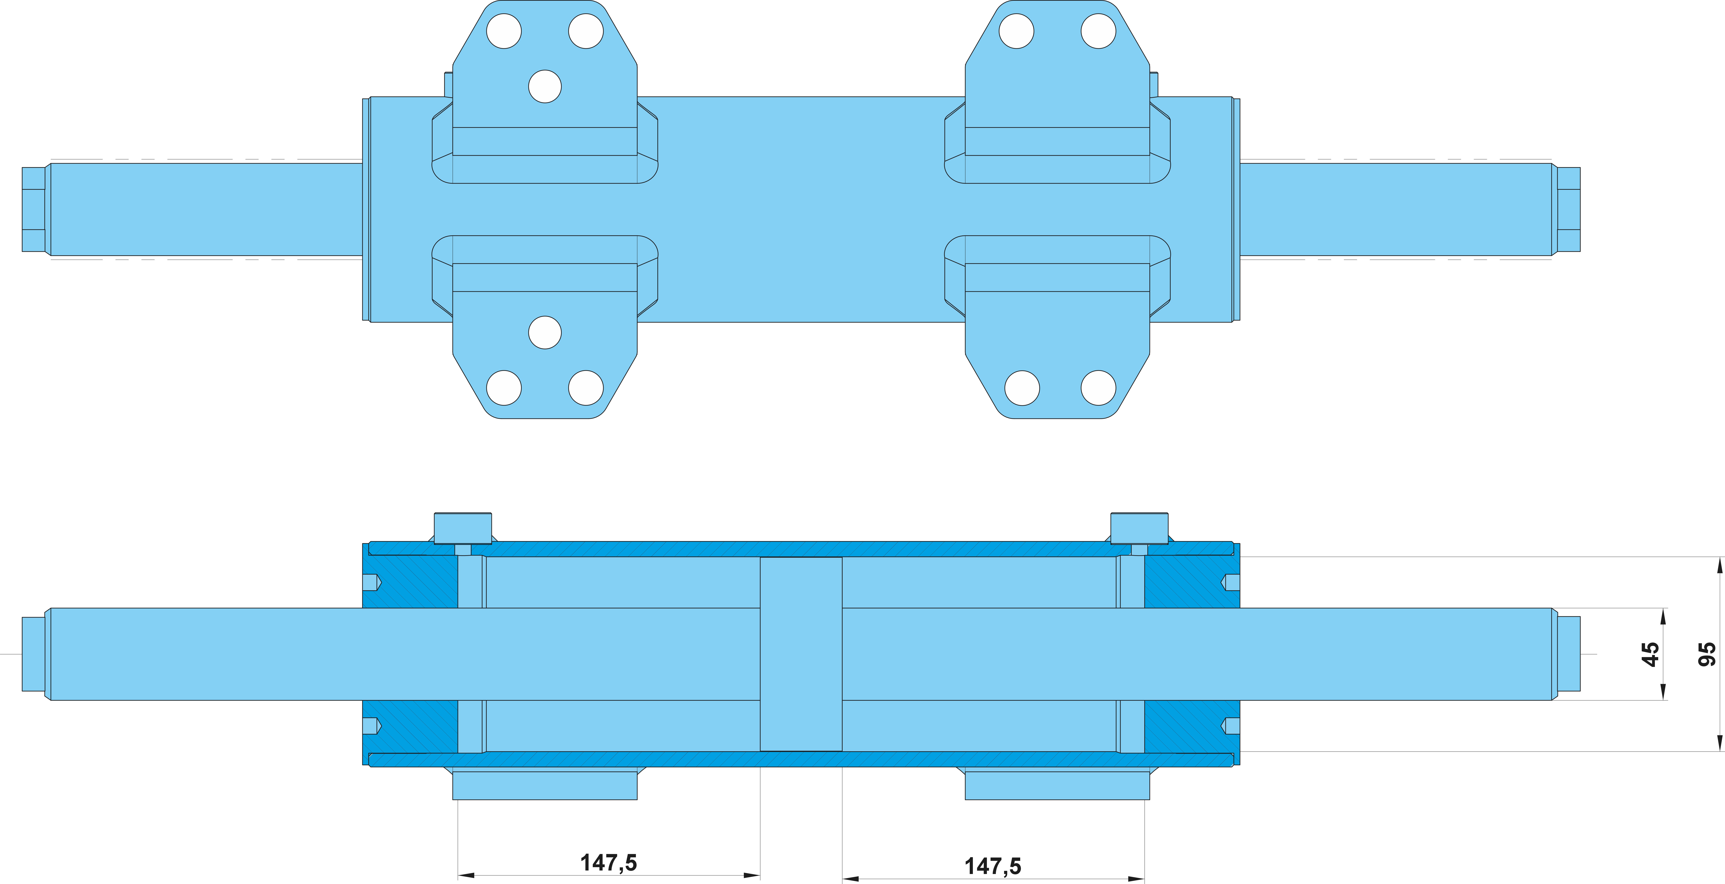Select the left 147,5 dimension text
(608, 863)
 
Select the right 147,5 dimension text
(992, 866)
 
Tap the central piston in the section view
(801, 654)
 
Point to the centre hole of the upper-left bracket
(545, 86)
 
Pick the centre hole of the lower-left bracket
(545, 332)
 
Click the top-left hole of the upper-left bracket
(504, 31)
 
